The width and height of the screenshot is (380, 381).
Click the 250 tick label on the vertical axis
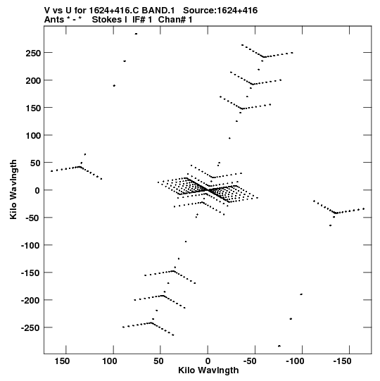(x=33, y=53)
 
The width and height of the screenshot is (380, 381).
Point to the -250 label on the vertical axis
(x=30, y=327)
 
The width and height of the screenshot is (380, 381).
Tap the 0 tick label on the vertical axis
(x=37, y=190)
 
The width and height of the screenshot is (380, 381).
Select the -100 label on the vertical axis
(x=30, y=245)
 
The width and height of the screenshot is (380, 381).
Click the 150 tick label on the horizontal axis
(x=62, y=361)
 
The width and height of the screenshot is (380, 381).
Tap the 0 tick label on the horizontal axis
(x=208, y=361)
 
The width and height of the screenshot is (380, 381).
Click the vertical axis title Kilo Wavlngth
(x=13, y=189)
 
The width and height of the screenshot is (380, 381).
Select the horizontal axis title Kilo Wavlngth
(x=208, y=370)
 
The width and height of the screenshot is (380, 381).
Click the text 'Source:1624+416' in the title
(x=220, y=11)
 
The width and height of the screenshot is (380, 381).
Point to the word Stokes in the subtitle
(x=106, y=20)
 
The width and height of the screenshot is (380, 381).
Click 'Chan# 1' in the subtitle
(x=175, y=20)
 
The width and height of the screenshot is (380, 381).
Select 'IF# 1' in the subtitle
(x=142, y=20)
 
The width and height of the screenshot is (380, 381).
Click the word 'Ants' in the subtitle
(x=53, y=20)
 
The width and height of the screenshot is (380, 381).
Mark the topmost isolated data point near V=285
(x=136, y=34)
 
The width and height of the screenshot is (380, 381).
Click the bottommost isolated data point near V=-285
(x=279, y=346)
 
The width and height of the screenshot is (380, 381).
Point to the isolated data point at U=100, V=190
(x=114, y=85)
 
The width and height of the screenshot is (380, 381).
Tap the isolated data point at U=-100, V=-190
(x=301, y=294)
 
